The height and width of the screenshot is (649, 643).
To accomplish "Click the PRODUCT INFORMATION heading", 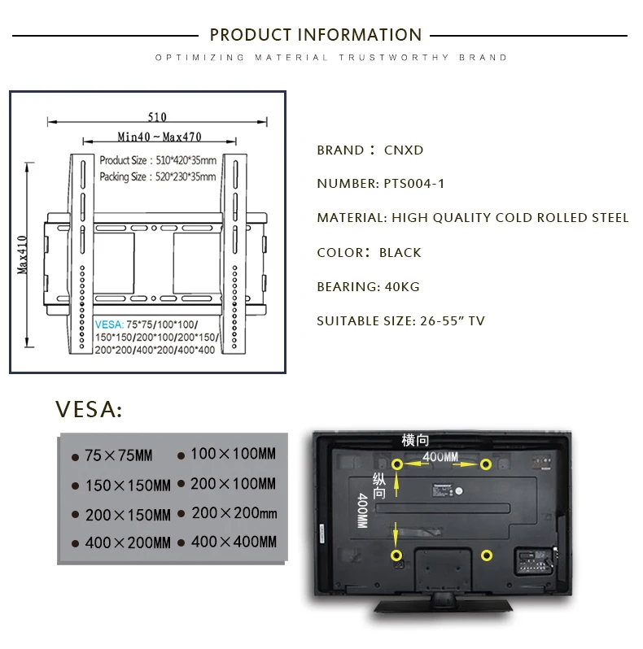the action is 316,35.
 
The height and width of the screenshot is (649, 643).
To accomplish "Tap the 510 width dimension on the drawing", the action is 157,117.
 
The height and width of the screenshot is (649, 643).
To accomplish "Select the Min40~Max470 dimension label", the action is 160,137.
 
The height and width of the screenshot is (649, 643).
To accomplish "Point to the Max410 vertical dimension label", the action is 22,255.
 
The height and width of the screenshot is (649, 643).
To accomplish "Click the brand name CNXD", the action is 404,150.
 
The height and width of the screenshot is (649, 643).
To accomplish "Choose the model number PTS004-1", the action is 414,184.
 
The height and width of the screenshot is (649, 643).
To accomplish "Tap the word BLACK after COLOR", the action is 400,252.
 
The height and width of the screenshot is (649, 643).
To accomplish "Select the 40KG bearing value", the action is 402,287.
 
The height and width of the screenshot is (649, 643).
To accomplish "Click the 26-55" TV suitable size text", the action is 453,320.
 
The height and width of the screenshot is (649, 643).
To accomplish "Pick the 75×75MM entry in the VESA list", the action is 119,455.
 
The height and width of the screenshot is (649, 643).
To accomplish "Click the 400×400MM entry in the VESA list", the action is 234,542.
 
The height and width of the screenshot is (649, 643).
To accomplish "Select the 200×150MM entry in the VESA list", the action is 128,516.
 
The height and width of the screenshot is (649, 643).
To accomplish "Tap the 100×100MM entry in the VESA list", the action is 233,454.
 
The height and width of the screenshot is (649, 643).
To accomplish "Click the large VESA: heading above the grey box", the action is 89,409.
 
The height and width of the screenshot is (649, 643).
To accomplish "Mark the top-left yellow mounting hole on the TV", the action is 397,464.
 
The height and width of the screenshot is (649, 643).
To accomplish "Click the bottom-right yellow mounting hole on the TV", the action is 487,555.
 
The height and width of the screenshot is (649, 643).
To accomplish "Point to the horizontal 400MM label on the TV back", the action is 440,457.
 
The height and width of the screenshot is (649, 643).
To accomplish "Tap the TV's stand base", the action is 444,607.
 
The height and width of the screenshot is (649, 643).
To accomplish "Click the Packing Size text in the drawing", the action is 158,176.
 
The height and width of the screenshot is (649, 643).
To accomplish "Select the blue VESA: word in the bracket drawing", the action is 109,324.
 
